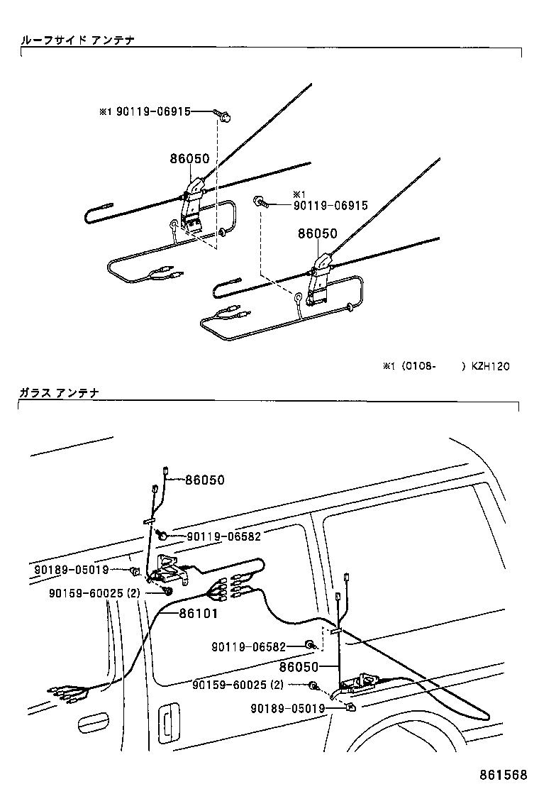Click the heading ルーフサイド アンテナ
pyautogui.click(x=77, y=40)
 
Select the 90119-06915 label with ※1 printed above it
pyautogui.click(x=330, y=206)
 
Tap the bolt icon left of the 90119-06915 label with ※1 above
pyautogui.click(x=260, y=204)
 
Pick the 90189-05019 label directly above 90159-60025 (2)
pyautogui.click(x=71, y=570)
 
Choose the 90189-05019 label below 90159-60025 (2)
pyautogui.click(x=288, y=708)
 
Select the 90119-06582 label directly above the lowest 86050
pyautogui.click(x=248, y=646)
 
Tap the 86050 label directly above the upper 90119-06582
pyautogui.click(x=204, y=480)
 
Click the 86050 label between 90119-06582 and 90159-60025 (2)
pyautogui.click(x=298, y=667)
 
